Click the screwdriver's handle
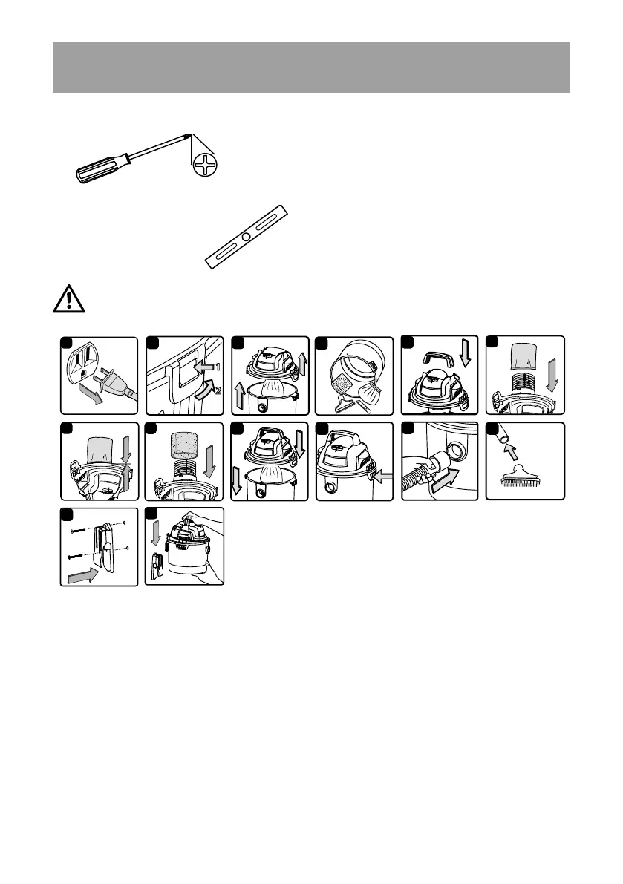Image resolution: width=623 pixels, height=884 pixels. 100,164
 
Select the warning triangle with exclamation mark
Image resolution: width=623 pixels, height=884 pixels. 68,299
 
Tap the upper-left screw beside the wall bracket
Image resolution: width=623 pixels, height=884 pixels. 75,532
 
